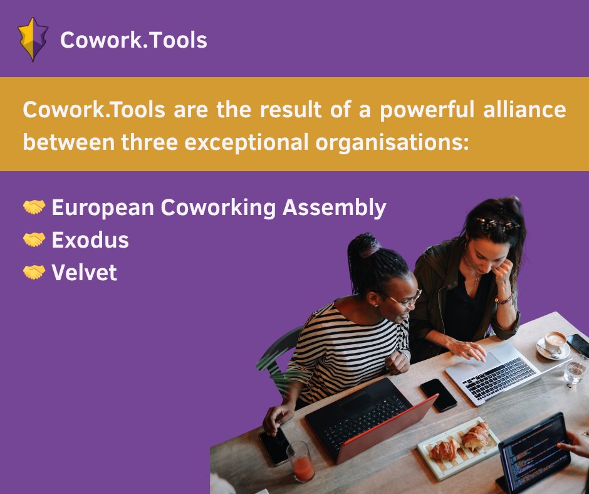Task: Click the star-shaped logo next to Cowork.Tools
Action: [33, 39]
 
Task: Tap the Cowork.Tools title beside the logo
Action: [133, 41]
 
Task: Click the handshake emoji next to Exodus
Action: [34, 239]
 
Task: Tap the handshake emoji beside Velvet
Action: [34, 272]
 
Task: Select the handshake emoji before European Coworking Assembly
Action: [34, 207]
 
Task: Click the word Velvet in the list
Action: [84, 273]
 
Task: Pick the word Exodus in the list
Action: [90, 240]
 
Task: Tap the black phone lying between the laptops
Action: [438, 394]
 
